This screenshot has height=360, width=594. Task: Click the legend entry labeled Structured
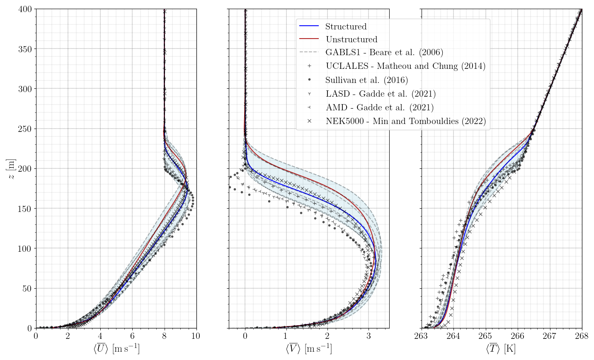pos(346,27)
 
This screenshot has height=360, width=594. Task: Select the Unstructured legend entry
pos(352,39)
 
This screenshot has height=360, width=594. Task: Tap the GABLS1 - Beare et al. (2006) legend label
pos(384,53)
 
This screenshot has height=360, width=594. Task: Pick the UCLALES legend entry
pos(405,66)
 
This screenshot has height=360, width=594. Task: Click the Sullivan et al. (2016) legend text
pos(366,80)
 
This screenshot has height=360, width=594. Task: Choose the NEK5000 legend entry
pos(405,121)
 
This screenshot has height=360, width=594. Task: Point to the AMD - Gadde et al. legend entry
pos(380,107)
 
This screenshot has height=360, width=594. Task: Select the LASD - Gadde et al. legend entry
pos(381,94)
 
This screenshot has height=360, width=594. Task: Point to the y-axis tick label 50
pos(27,289)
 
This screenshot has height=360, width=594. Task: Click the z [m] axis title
pos(12,169)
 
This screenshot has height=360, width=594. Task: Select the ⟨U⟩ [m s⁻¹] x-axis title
pos(116,348)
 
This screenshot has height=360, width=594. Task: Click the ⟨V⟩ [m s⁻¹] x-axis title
pos(309,348)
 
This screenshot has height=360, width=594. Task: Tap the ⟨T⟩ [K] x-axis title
pos(501,348)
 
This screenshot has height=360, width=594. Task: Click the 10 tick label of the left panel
pos(196,336)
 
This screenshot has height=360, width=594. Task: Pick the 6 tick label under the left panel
pos(132,336)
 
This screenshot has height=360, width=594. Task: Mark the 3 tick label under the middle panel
pos(369,336)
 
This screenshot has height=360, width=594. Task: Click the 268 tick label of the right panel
pos(582,336)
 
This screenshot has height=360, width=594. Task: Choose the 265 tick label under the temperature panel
pos(485,336)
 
